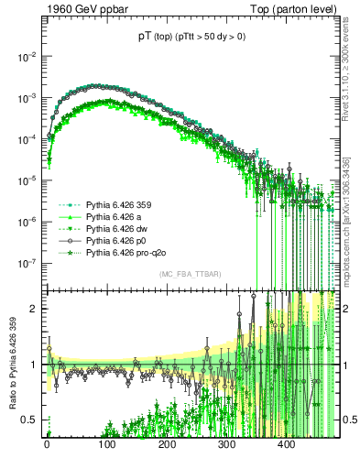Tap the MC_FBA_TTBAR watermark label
190,274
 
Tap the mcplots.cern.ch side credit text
350,206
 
